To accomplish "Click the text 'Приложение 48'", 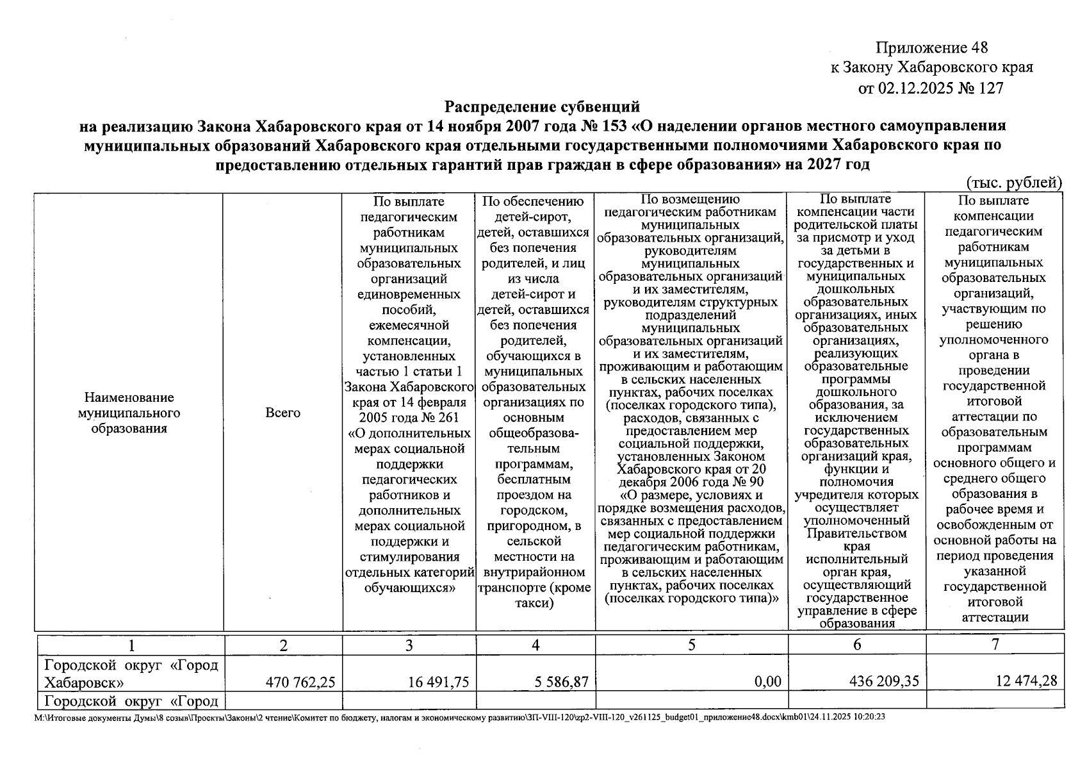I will click(x=931, y=47).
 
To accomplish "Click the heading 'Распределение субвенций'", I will click(x=543, y=106).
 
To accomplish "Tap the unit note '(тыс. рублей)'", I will click(x=1014, y=183).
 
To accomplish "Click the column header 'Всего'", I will click(x=282, y=413).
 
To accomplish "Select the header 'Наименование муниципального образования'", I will click(x=129, y=413).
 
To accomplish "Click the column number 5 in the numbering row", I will click(x=691, y=645).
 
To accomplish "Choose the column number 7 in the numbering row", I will click(x=995, y=645).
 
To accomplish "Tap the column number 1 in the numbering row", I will click(x=131, y=645).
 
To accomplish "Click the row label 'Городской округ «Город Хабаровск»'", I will click(x=131, y=673).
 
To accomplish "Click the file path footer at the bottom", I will click(x=461, y=717).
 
